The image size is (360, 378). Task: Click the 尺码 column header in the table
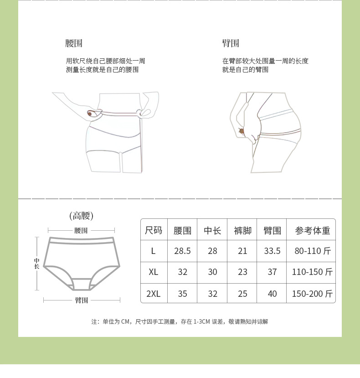click(x=154, y=230)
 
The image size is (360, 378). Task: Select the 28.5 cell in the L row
click(x=182, y=251)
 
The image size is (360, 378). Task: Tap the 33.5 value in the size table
click(x=272, y=251)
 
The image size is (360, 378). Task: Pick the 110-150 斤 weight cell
click(x=312, y=272)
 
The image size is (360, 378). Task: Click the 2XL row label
click(x=154, y=294)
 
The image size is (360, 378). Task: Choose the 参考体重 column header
click(x=312, y=230)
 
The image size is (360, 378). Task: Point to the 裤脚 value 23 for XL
click(x=242, y=272)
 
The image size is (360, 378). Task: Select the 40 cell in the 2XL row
click(x=272, y=294)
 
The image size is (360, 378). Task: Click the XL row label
click(x=154, y=272)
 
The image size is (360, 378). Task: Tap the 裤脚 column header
click(x=242, y=230)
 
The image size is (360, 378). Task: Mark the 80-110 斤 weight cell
click(x=312, y=251)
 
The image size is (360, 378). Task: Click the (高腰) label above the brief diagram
click(x=81, y=216)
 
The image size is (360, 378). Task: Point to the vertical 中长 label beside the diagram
click(x=36, y=263)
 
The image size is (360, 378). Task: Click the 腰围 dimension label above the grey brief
click(x=81, y=231)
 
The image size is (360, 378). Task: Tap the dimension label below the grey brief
click(x=82, y=300)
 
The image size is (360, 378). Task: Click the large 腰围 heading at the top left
click(x=74, y=44)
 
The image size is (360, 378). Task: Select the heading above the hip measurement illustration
click(x=231, y=44)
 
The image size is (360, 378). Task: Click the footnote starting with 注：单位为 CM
click(x=180, y=321)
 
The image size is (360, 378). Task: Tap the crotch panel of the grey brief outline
click(x=81, y=284)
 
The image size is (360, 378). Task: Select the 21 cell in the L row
click(x=242, y=251)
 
